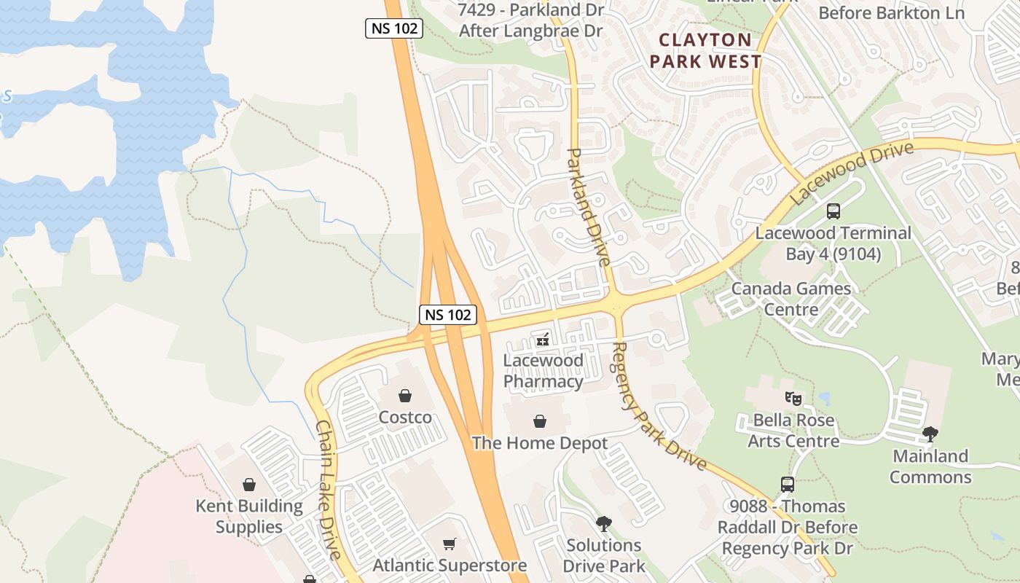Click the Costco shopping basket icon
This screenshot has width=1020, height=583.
click(405, 396)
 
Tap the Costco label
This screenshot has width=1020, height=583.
click(405, 418)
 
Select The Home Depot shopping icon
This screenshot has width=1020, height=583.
click(540, 421)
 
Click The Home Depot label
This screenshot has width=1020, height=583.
click(540, 443)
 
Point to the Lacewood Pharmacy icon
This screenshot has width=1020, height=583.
click(543, 339)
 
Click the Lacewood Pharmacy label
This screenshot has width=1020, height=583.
click(544, 371)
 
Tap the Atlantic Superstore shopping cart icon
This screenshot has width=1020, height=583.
click(450, 544)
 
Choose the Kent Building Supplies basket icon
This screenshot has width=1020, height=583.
click(249, 485)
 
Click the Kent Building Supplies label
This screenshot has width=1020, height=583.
click(249, 517)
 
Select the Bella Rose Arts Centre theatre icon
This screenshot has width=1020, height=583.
click(793, 398)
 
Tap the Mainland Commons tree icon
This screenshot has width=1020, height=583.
click(930, 434)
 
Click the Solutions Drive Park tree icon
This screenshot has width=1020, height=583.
click(603, 523)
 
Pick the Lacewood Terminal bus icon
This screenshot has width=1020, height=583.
click(833, 211)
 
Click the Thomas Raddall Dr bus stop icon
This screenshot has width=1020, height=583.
click(787, 485)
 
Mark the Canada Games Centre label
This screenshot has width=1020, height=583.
click(791, 299)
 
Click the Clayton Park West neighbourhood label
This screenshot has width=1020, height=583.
click(705, 51)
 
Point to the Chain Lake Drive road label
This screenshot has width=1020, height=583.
click(329, 490)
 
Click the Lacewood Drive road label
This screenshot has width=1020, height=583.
click(852, 173)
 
